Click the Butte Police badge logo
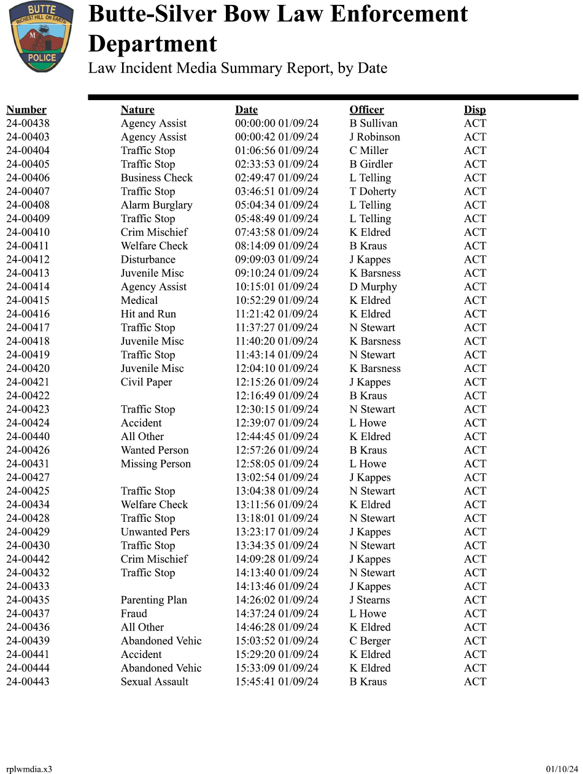point(41,36)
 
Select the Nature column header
point(137,110)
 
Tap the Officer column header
point(366,110)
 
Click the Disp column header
point(474,110)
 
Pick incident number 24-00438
point(28,123)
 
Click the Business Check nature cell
point(156,178)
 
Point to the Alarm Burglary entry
point(156,205)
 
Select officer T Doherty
point(373,192)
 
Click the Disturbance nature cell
point(148,260)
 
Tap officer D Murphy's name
point(373,287)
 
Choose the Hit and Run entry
point(149,314)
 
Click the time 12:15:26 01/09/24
point(277,382)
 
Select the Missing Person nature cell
point(156,464)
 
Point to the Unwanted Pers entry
point(155,532)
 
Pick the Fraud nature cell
point(134,614)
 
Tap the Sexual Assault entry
point(155,682)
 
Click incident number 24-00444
point(28,668)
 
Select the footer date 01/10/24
point(562,769)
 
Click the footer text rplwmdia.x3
point(29,769)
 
